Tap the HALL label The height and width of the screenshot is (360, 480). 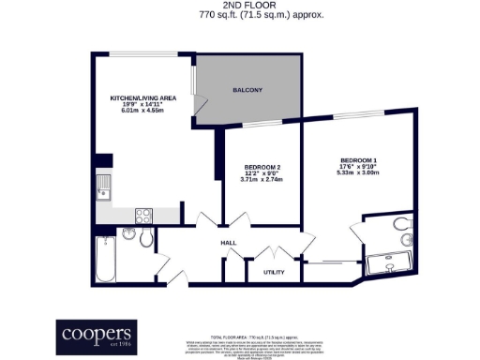click(228, 243)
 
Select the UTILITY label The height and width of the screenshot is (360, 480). click(274, 272)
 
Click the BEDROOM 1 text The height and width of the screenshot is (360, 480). click(357, 159)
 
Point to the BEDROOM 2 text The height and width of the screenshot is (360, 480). click(262, 166)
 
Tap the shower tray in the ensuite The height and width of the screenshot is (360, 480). click(393, 264)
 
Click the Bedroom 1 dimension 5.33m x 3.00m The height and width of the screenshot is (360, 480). click(357, 172)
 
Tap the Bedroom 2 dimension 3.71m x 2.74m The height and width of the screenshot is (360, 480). click(262, 179)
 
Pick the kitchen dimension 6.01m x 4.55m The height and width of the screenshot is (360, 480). click(142, 110)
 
